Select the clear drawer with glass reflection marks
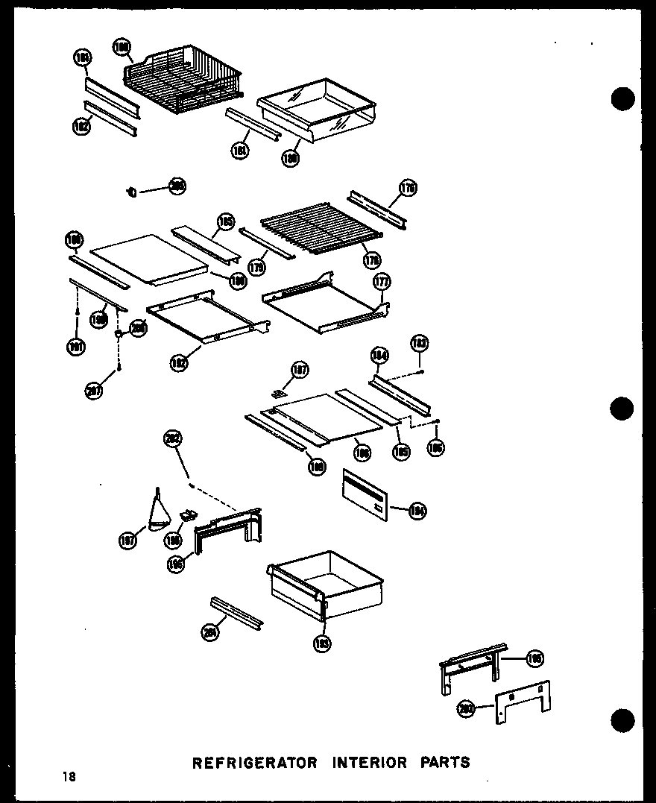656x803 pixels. click(x=315, y=111)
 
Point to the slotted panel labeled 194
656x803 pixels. click(x=366, y=493)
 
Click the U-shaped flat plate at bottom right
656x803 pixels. click(x=523, y=702)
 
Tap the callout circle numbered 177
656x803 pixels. click(x=382, y=282)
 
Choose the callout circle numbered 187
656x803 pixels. click(x=298, y=369)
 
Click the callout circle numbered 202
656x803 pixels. click(x=173, y=440)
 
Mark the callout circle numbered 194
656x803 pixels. click(x=417, y=510)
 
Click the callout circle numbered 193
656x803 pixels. click(x=323, y=643)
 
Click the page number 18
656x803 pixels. click(x=69, y=778)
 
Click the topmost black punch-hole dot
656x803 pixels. click(x=622, y=98)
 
